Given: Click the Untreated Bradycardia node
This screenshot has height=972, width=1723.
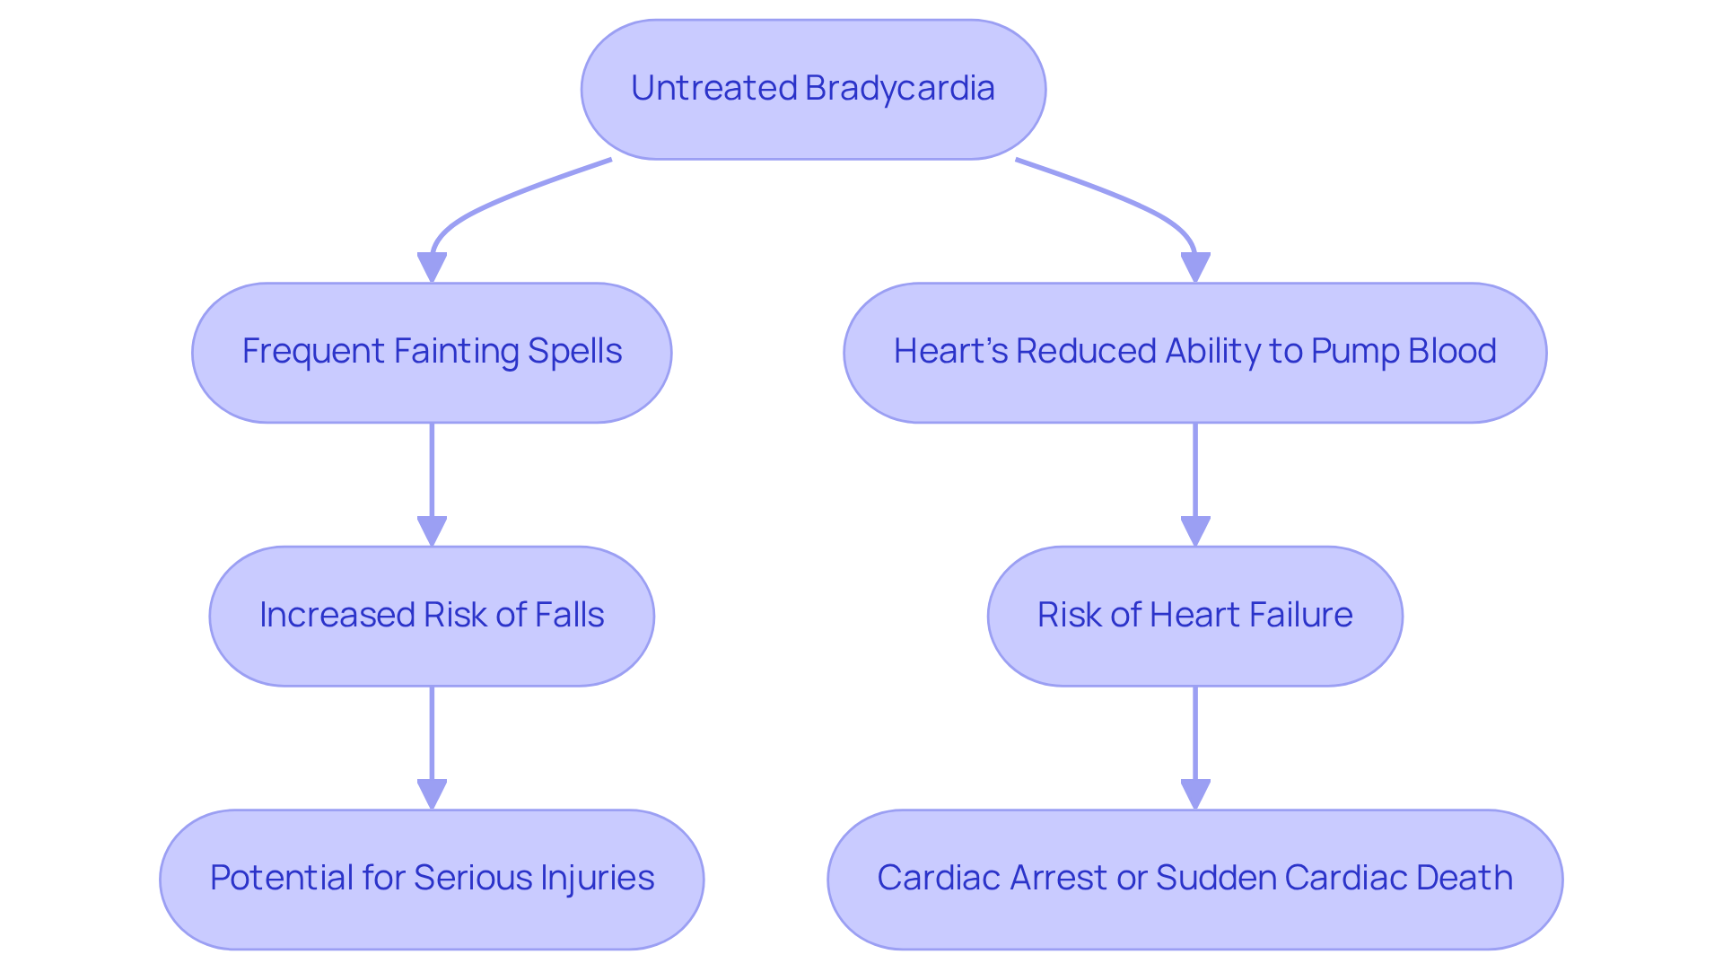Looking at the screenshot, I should pyautogui.click(x=813, y=90).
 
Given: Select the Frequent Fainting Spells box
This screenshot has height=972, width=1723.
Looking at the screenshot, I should pyautogui.click(x=432, y=353).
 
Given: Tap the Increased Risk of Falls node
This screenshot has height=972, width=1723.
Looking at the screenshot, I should pyautogui.click(x=432, y=616).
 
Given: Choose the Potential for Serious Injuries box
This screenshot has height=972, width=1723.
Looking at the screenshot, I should pyautogui.click(x=432, y=879).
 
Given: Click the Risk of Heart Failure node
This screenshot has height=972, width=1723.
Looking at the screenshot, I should pyautogui.click(x=1194, y=616).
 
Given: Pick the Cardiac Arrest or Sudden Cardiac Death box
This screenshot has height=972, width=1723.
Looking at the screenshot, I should pyautogui.click(x=1194, y=879).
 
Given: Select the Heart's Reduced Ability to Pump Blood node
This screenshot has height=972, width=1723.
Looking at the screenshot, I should pyautogui.click(x=1194, y=353).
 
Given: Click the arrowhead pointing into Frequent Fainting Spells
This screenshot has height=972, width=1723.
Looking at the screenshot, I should pyautogui.click(x=432, y=267).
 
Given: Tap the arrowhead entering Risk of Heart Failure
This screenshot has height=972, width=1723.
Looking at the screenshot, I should pyautogui.click(x=1194, y=530).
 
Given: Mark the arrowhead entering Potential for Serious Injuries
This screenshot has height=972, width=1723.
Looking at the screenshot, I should pyautogui.click(x=432, y=793).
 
